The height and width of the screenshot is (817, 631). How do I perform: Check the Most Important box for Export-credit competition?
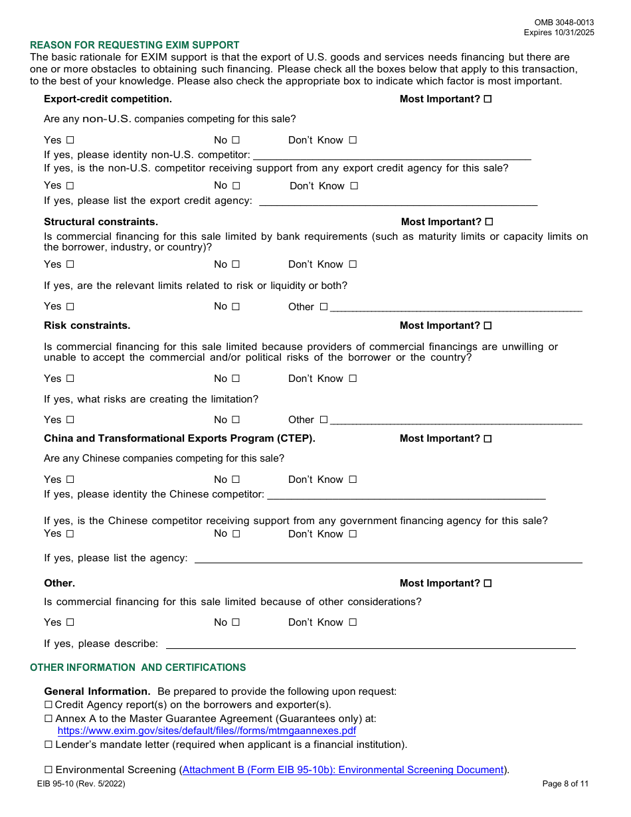coord(488,99)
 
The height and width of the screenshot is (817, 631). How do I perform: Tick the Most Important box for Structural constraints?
coord(490,222)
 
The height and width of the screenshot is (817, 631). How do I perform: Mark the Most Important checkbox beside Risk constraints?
coord(488,325)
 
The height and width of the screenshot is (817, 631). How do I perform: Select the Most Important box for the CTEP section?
coord(488,439)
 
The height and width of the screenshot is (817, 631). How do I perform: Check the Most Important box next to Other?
coord(488,583)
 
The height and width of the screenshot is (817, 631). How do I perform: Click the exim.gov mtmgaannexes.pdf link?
coord(207,731)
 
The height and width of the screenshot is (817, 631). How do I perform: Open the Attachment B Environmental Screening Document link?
coord(343,770)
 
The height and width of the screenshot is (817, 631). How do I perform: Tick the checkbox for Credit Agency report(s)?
coord(48,705)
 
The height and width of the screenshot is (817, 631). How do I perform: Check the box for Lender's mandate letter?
coord(48,745)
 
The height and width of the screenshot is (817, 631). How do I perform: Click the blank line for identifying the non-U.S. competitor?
coord(392,155)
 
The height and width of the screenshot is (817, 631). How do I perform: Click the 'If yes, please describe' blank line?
coord(370,644)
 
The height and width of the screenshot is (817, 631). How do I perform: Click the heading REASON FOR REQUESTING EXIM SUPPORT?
coord(135,45)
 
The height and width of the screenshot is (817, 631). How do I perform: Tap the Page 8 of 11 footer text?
coord(565,784)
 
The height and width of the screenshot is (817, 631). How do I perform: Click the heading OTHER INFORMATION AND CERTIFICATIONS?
coord(137,668)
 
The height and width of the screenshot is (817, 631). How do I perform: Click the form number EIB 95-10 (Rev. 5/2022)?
coord(81,784)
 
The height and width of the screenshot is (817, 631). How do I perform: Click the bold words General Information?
coord(97,691)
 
